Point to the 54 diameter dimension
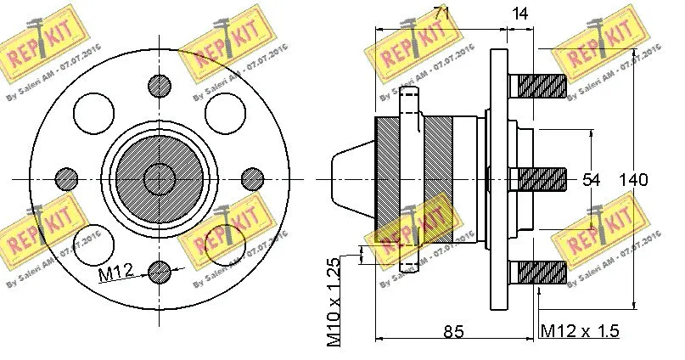pyautogui.click(x=591, y=180)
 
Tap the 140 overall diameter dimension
pyautogui.click(x=634, y=180)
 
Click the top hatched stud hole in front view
pyautogui.click(x=159, y=85)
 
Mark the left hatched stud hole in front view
pyautogui.click(x=65, y=178)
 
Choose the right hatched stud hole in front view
pyautogui.click(x=252, y=178)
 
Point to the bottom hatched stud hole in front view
pyautogui.click(x=159, y=272)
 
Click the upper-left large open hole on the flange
pyautogui.click(x=93, y=111)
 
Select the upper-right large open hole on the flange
pyautogui.click(x=225, y=111)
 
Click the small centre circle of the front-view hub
pyautogui.click(x=159, y=178)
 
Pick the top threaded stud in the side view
pyautogui.click(x=538, y=86)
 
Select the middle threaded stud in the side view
pyautogui.click(x=538, y=179)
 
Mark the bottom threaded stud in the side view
pyautogui.click(x=538, y=273)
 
